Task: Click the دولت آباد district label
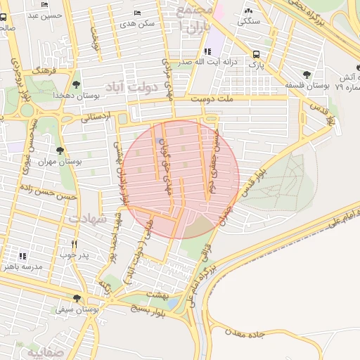(134, 86)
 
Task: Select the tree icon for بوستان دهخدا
(75, 75)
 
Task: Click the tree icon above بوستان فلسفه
(306, 75)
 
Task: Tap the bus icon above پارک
(256, 54)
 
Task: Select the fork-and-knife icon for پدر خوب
(73, 244)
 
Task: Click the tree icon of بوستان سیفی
(77, 299)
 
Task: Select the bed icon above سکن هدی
(136, 13)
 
